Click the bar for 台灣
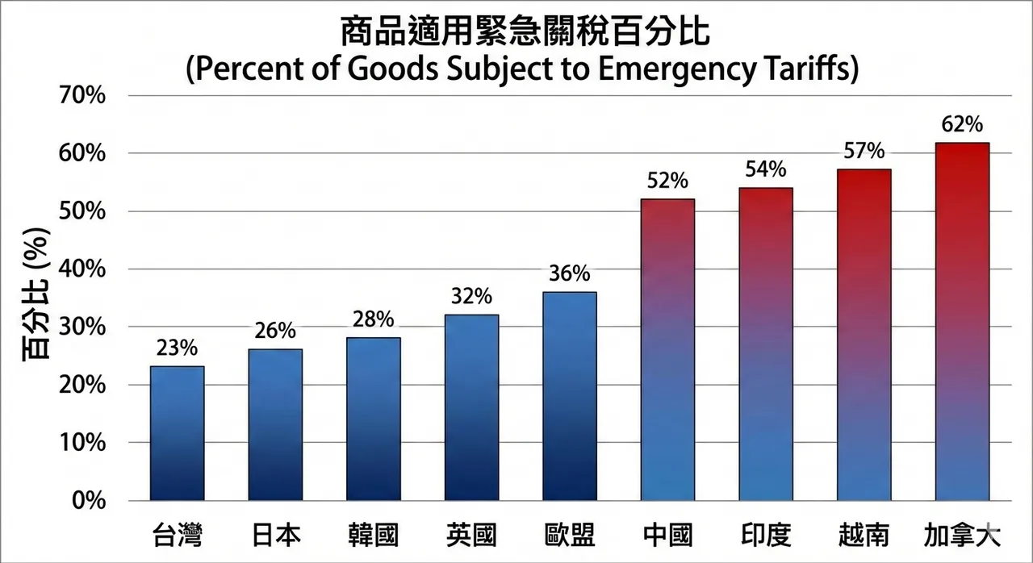tap(177, 433)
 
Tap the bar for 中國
tap(667, 349)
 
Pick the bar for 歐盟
tap(569, 396)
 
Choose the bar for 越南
tap(864, 335)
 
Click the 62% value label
tap(962, 125)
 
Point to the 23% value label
tap(177, 348)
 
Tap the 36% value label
tap(569, 274)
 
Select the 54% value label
tap(765, 170)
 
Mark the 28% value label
tap(373, 319)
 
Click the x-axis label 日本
tap(275, 535)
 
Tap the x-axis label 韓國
tap(373, 535)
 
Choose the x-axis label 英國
tap(471, 535)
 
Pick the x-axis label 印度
tap(765, 535)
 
